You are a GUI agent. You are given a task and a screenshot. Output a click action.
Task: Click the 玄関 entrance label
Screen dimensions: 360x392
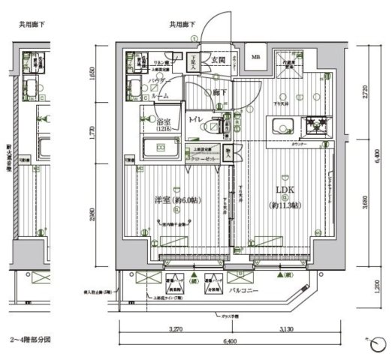(218, 60)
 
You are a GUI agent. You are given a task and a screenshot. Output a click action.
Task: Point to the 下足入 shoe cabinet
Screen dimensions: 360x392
(194, 64)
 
